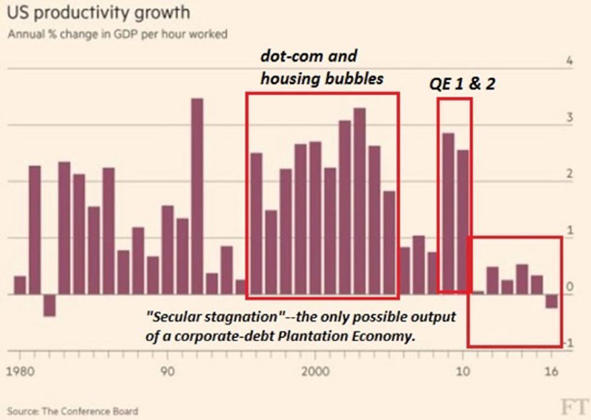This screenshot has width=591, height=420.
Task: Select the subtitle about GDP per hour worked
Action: (118, 34)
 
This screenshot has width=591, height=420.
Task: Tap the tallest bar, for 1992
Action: (197, 196)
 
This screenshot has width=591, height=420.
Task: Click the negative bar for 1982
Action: (49, 305)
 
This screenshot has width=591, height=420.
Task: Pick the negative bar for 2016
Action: (551, 301)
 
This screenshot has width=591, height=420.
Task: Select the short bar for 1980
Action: (20, 285)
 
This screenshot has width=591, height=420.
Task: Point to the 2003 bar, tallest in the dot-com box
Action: (360, 201)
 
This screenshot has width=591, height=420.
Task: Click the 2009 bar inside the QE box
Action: (448, 213)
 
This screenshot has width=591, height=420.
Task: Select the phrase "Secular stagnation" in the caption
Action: (195, 316)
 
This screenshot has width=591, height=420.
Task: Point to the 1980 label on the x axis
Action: (22, 370)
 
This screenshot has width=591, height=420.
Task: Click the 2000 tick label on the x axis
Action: (315, 370)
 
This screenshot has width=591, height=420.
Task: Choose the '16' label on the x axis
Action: (550, 370)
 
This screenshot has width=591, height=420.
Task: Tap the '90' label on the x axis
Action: (168, 370)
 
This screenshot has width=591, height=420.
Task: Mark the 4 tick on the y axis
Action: (569, 61)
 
